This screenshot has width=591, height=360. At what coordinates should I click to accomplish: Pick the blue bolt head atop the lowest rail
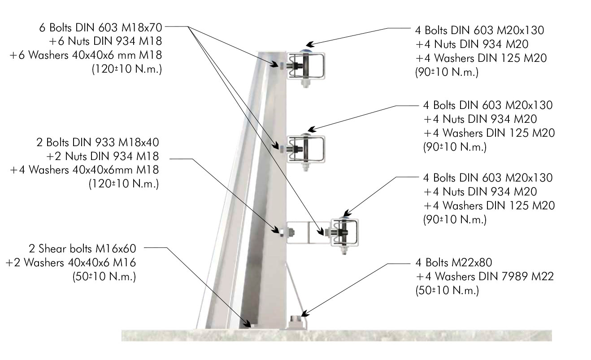point(343,217)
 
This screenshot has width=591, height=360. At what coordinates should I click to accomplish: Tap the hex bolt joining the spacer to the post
point(289,232)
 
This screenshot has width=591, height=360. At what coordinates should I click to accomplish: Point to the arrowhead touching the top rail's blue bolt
point(309,45)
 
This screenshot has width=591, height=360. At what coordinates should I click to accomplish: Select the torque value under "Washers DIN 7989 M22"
point(447,291)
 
